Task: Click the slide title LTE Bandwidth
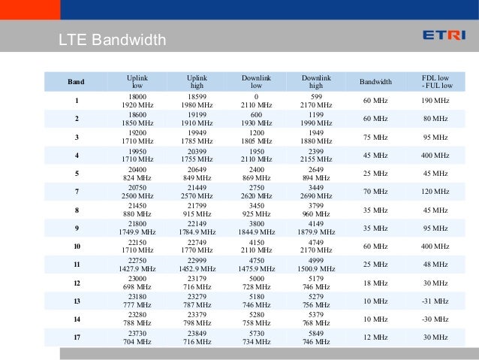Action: pos(110,40)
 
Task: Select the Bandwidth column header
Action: pos(376,80)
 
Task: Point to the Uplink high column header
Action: pos(197,80)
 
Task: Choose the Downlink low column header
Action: pos(257,80)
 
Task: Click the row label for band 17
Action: pos(76,337)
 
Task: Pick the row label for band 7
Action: pos(76,192)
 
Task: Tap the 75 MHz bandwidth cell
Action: pos(376,137)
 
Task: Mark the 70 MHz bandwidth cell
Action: pos(376,192)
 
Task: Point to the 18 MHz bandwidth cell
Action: pos(376,283)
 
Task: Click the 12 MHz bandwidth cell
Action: pos(376,337)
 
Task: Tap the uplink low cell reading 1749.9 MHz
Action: pos(137,233)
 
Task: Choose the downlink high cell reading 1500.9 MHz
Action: pos(316,269)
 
